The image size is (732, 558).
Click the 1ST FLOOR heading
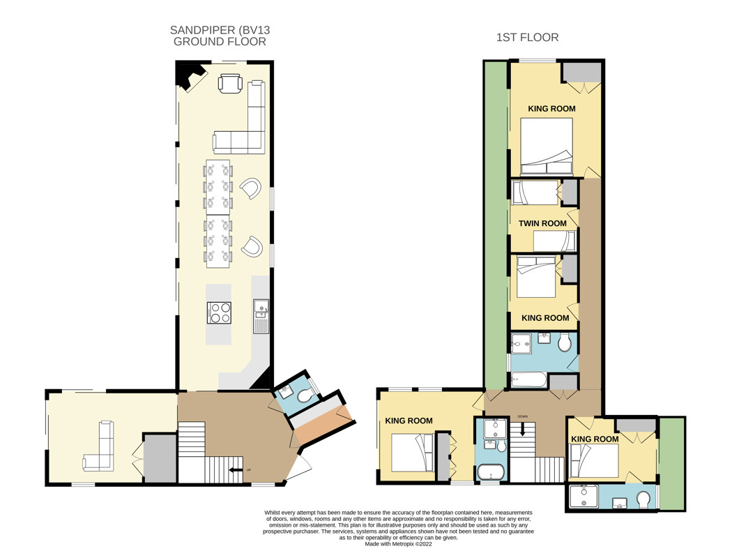[x=527, y=38]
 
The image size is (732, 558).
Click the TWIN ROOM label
[x=542, y=223]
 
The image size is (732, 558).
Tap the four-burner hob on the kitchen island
[x=220, y=313]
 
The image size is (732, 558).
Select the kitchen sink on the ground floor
[x=261, y=316]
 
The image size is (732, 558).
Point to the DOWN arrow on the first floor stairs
[x=522, y=428]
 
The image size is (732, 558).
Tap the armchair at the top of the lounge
[x=230, y=84]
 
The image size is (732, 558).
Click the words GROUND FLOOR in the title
[x=220, y=42]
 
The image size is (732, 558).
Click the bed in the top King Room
[x=546, y=146]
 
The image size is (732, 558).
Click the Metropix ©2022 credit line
[x=398, y=543]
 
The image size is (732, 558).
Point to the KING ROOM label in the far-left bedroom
[x=409, y=421]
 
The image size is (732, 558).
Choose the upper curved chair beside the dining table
[x=251, y=188]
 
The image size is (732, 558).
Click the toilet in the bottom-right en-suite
[x=643, y=499]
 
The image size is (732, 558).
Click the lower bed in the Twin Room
[x=555, y=241]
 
